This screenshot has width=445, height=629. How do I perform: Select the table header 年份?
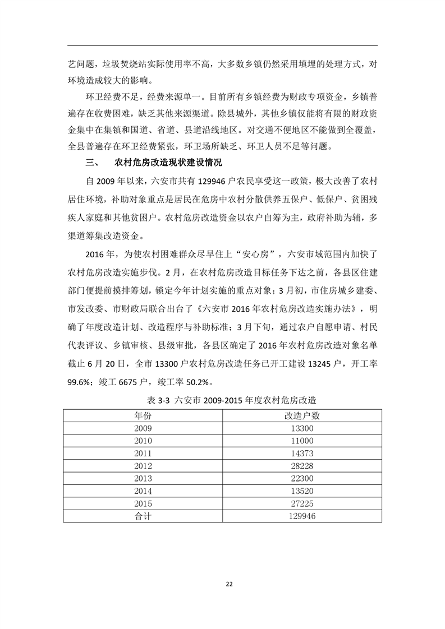[143, 415]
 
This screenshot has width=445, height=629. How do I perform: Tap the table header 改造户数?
[302, 415]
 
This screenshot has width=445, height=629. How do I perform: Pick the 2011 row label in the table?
[143, 453]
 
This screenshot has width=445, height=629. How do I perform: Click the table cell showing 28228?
[302, 465]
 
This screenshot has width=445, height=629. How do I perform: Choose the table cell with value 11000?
[302, 441]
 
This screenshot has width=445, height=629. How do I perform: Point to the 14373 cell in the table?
[302, 453]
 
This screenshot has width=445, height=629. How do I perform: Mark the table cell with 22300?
[302, 478]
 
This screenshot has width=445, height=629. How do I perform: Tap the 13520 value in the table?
[302, 491]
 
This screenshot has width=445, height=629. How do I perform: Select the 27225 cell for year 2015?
[302, 503]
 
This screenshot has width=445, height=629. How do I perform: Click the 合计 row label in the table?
[143, 516]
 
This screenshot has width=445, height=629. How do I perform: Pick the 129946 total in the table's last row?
[302, 516]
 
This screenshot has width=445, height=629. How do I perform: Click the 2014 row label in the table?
[143, 491]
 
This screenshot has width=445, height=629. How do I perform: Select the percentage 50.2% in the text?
[194, 382]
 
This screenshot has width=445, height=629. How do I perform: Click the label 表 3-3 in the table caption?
[159, 400]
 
